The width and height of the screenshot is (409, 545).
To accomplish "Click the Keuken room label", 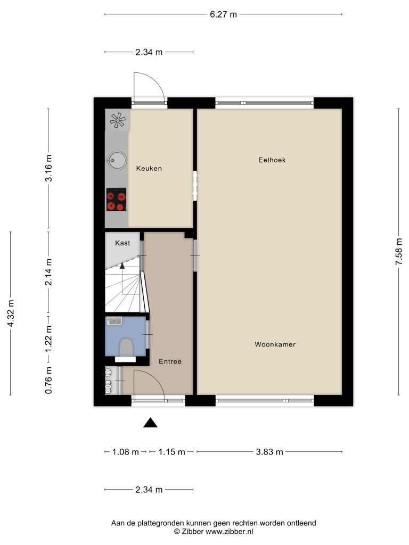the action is [x=149, y=169].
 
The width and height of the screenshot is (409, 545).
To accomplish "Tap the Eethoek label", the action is [x=272, y=160].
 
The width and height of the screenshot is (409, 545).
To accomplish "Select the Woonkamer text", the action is [x=275, y=344].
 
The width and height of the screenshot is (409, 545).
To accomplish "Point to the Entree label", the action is [x=170, y=361].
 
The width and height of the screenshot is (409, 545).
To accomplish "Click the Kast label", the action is [x=122, y=243].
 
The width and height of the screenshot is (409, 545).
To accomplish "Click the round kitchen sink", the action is [x=117, y=161].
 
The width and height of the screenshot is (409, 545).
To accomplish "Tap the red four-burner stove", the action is [x=116, y=199].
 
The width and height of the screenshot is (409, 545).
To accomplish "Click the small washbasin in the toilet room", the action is [x=114, y=320].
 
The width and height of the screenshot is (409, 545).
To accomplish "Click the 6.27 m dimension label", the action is [x=223, y=14].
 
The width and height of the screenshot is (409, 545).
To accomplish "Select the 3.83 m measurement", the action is [x=269, y=452].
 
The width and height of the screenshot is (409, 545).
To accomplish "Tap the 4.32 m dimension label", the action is [x=11, y=313].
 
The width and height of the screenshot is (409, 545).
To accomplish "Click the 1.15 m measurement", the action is [x=172, y=452].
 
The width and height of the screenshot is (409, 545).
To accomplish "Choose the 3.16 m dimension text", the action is [x=48, y=168].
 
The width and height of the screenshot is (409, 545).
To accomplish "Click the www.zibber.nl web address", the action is [x=229, y=532].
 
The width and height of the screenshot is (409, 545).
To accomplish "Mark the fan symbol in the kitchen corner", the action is [x=118, y=120].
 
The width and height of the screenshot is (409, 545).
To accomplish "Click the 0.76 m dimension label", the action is [x=48, y=380].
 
